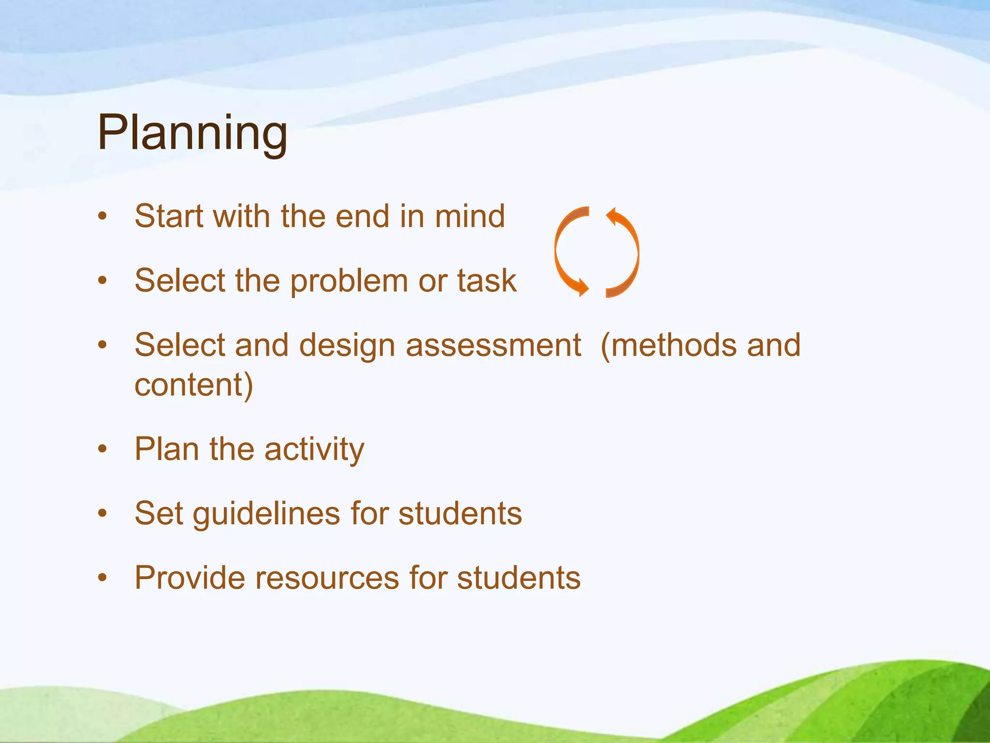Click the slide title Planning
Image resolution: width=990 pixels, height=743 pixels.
coord(192,133)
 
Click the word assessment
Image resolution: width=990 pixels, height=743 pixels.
coord(493,345)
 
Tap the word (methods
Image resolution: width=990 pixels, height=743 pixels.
coord(667,345)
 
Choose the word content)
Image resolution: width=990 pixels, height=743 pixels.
coord(193,385)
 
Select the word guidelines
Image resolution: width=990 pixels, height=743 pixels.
coord(266,514)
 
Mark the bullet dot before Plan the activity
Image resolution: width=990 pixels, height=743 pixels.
coord(102,449)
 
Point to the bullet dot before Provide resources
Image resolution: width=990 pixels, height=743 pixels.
coord(102,578)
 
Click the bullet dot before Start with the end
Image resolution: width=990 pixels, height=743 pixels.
coord(102,216)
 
